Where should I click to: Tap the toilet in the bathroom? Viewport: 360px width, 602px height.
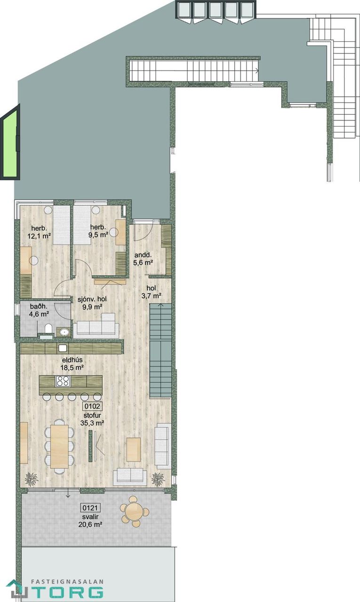(x=48, y=328)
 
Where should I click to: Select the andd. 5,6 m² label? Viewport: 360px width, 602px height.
(x=144, y=259)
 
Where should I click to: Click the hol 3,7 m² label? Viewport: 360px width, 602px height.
(x=151, y=292)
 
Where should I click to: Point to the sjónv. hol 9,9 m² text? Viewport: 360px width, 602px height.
(x=92, y=303)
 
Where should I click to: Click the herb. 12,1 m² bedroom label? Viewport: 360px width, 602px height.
(x=39, y=232)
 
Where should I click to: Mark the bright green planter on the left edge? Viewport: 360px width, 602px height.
(x=10, y=142)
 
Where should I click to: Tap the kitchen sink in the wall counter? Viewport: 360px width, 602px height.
(x=63, y=348)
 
